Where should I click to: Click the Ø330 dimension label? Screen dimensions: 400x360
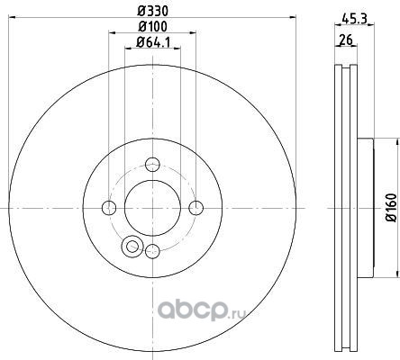pos(152,12)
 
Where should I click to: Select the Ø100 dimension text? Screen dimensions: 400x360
pos(152,27)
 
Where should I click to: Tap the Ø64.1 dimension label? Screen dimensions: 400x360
pos(153,42)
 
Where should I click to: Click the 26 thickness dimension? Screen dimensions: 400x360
pos(346,40)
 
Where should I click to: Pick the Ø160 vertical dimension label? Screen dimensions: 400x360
pos(391,208)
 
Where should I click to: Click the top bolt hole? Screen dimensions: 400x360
pos(152,165)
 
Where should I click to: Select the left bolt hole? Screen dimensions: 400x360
pos(109,208)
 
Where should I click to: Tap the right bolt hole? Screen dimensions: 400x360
pos(196,208)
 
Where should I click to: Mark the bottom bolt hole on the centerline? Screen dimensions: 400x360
pos(152,251)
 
